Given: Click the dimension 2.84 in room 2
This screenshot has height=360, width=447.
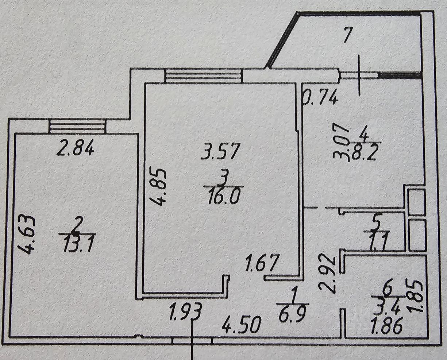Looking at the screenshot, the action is [77, 149].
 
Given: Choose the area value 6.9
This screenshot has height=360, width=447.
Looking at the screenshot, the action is [293, 314].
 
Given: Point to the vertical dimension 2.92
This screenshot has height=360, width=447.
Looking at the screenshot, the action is [327, 274].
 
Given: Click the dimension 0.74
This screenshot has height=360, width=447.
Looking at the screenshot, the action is [320, 98].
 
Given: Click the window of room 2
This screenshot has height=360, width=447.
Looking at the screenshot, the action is [77, 127].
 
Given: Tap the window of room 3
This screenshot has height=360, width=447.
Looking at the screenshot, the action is [203, 76].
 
